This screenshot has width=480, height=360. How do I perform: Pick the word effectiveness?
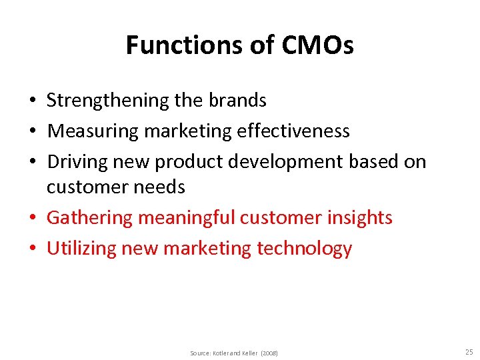pos(293,131)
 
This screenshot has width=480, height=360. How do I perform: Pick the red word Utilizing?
pos(81,249)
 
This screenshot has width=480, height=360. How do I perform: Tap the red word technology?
pos(304,249)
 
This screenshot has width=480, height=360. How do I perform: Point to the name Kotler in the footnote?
pos(221,353)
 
